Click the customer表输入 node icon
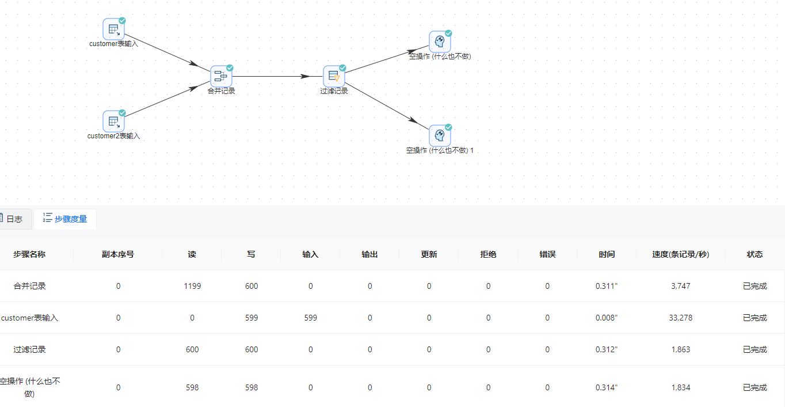click(x=113, y=29)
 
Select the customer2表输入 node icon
click(x=113, y=121)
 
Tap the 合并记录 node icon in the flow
click(x=221, y=76)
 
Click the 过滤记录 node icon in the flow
click(x=334, y=76)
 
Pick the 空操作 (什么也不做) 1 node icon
click(x=440, y=135)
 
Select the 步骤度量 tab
click(x=65, y=219)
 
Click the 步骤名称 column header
click(x=29, y=254)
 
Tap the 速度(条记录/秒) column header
click(x=680, y=254)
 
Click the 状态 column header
click(x=754, y=254)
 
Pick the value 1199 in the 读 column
click(x=192, y=286)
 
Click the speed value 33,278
click(x=680, y=318)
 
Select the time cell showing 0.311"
click(x=607, y=286)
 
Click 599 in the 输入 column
click(x=311, y=318)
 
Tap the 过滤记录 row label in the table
click(x=30, y=349)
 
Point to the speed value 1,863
click(x=680, y=349)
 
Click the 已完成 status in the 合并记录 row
click(x=754, y=286)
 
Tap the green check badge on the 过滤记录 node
click(x=342, y=68)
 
